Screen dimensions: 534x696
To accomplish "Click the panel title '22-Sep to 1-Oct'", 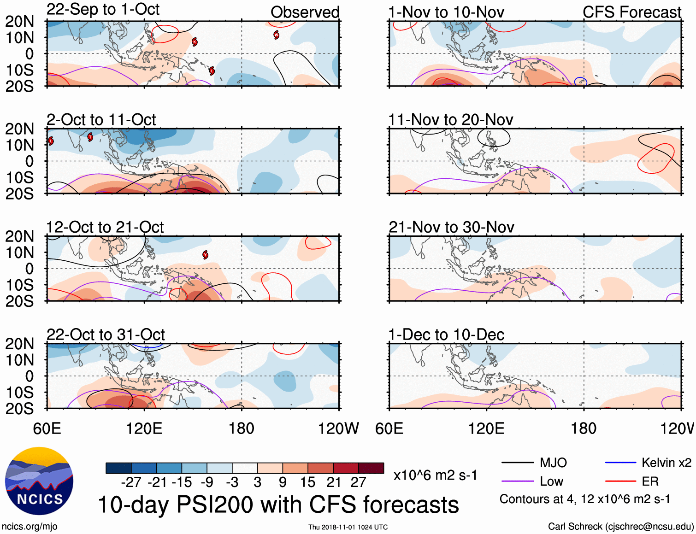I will [x=103, y=10].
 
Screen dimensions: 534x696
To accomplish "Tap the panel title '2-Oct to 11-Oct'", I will [x=101, y=120].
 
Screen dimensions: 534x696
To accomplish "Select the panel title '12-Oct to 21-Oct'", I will [x=105, y=227].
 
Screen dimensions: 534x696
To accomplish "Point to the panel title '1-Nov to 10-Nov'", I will [x=446, y=12].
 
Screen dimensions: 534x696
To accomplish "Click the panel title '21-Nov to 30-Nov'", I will [x=451, y=227].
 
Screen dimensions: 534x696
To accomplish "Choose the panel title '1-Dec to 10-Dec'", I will [x=446, y=334].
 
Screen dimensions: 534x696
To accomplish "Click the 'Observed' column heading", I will [x=305, y=12].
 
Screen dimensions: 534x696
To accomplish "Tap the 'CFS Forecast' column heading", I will [x=631, y=12].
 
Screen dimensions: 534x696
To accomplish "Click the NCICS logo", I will [x=39, y=481].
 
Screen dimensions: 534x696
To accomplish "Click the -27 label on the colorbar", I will [x=131, y=482].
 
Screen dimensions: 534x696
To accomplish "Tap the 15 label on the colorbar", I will [x=307, y=482].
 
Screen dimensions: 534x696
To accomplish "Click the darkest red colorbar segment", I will [x=371, y=468].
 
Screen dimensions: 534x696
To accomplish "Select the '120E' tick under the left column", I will [x=144, y=428].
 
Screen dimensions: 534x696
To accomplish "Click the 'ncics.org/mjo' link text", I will [x=29, y=526].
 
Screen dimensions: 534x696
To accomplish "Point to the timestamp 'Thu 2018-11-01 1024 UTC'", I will [x=348, y=527].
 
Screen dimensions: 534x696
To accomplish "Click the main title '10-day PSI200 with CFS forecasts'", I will [x=278, y=505].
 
